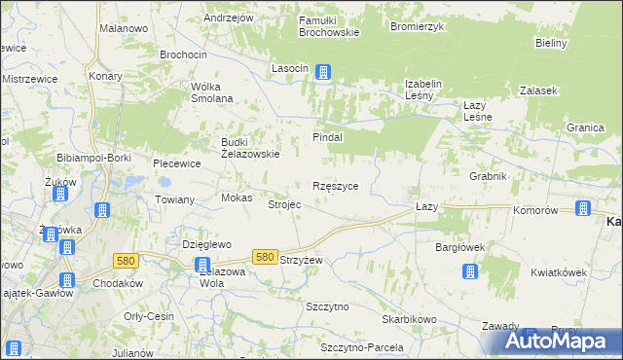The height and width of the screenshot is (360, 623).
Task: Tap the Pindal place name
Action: [x=327, y=137]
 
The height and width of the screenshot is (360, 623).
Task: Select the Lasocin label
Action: [x=290, y=67]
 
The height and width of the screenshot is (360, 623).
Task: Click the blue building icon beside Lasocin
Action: [x=323, y=71]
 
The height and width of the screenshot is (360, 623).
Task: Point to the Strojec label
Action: [x=284, y=204]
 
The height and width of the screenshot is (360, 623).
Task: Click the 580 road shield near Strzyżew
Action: [x=264, y=256]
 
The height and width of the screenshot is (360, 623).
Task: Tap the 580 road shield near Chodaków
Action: [x=125, y=260]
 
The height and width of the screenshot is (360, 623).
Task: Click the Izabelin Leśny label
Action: [x=423, y=90]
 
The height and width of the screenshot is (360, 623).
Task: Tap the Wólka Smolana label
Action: [x=211, y=91]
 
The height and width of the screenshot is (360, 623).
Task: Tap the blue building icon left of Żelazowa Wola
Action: [x=202, y=265]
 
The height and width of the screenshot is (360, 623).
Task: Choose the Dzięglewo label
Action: [x=206, y=244]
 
